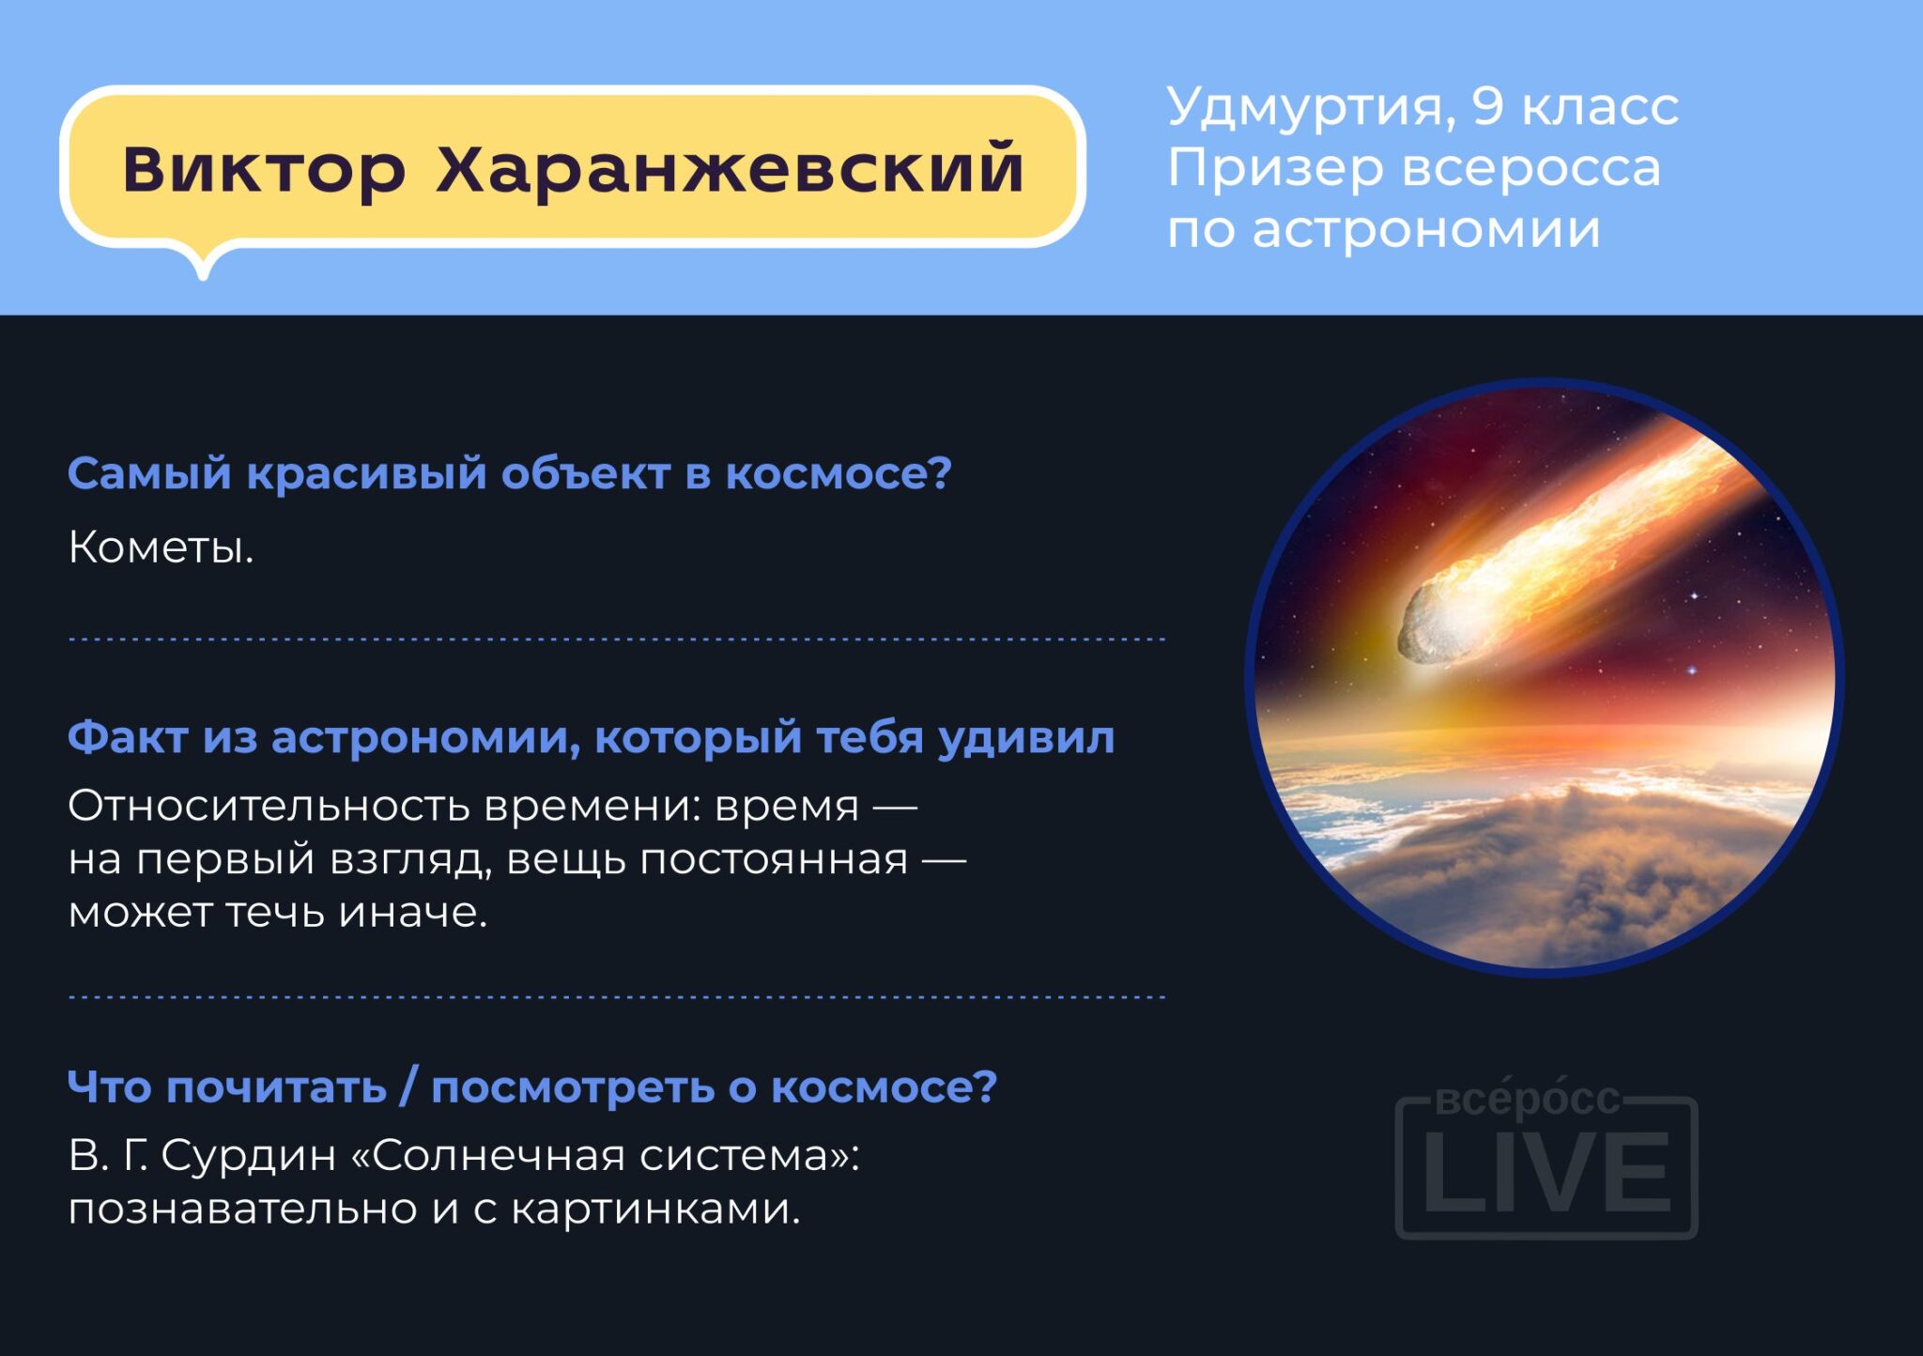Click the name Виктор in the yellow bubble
click(x=264, y=169)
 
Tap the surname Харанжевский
click(x=730, y=168)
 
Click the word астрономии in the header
click(x=1426, y=230)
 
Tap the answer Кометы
click(x=161, y=547)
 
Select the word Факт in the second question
click(x=127, y=737)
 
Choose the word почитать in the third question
click(x=276, y=1087)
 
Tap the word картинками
click(x=655, y=1209)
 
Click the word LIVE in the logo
click(x=1546, y=1173)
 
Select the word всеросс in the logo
click(x=1529, y=1098)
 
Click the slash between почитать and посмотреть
click(x=408, y=1087)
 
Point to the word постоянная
click(x=774, y=860)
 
